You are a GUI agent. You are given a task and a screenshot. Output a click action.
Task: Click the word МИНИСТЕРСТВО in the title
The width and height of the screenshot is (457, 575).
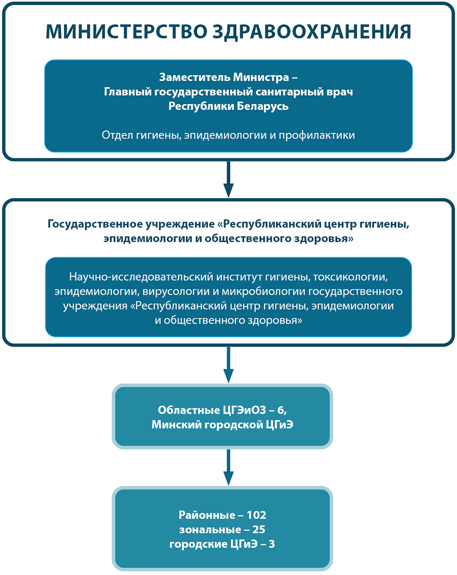click(127, 32)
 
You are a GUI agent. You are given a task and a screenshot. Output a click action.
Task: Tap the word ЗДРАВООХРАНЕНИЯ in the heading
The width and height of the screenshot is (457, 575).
click(312, 32)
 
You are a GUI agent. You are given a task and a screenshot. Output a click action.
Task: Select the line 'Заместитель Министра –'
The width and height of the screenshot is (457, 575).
click(228, 78)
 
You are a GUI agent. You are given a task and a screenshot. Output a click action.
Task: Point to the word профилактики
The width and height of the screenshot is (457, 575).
click(317, 135)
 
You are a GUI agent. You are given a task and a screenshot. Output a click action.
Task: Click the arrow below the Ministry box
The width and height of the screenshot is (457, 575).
click(228, 179)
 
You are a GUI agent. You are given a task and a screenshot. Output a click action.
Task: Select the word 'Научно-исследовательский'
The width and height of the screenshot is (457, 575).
click(141, 277)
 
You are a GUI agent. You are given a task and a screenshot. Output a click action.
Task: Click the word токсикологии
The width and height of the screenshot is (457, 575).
click(350, 277)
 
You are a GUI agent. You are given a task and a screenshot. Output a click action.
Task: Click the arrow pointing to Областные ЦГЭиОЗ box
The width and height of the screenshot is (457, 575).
click(228, 365)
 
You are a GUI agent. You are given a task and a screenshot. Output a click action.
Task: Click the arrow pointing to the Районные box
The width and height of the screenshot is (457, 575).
click(228, 467)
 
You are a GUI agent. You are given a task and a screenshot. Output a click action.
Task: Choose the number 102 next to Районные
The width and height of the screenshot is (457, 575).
click(256, 515)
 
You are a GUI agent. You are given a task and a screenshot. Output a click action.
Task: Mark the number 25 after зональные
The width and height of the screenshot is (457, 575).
click(259, 529)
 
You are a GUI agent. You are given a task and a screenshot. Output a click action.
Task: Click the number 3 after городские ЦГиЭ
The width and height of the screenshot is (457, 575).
click(272, 544)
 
